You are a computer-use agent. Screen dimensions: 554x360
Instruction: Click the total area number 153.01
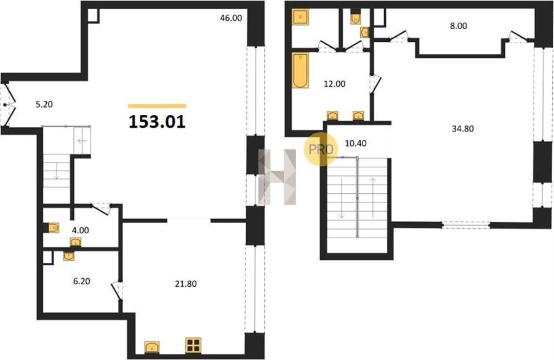coord(157,122)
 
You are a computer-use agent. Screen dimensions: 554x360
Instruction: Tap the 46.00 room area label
coord(231,18)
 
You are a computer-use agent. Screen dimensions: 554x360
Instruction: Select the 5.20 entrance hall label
coord(44,104)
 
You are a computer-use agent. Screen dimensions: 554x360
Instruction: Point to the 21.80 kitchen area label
coord(186,284)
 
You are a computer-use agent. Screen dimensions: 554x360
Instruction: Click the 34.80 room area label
coord(463,129)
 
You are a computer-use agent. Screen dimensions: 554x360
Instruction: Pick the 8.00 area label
coord(459,26)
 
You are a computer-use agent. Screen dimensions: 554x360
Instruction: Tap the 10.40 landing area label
coord(355,143)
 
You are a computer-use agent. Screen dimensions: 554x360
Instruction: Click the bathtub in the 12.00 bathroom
coord(300,70)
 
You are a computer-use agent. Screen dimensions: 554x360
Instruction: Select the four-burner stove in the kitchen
coord(193,345)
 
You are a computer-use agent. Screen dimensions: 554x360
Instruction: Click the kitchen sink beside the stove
coord(152,347)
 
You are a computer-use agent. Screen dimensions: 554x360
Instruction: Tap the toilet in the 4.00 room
coord(53,228)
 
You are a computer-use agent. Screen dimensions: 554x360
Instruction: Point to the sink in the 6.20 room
coord(68,256)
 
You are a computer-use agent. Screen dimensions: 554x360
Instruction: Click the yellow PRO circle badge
coord(321,149)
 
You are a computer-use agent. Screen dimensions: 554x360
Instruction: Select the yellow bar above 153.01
coord(157,106)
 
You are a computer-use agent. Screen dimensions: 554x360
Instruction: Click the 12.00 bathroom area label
coord(335,84)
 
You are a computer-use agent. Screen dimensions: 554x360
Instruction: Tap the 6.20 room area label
coord(81,281)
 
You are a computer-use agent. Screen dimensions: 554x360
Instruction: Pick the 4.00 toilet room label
coord(80,230)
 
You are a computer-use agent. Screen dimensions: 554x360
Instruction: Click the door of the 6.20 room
coord(118,290)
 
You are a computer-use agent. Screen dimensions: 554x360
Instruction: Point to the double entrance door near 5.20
coord(8,105)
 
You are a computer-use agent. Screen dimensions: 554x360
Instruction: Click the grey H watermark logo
coord(278,177)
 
